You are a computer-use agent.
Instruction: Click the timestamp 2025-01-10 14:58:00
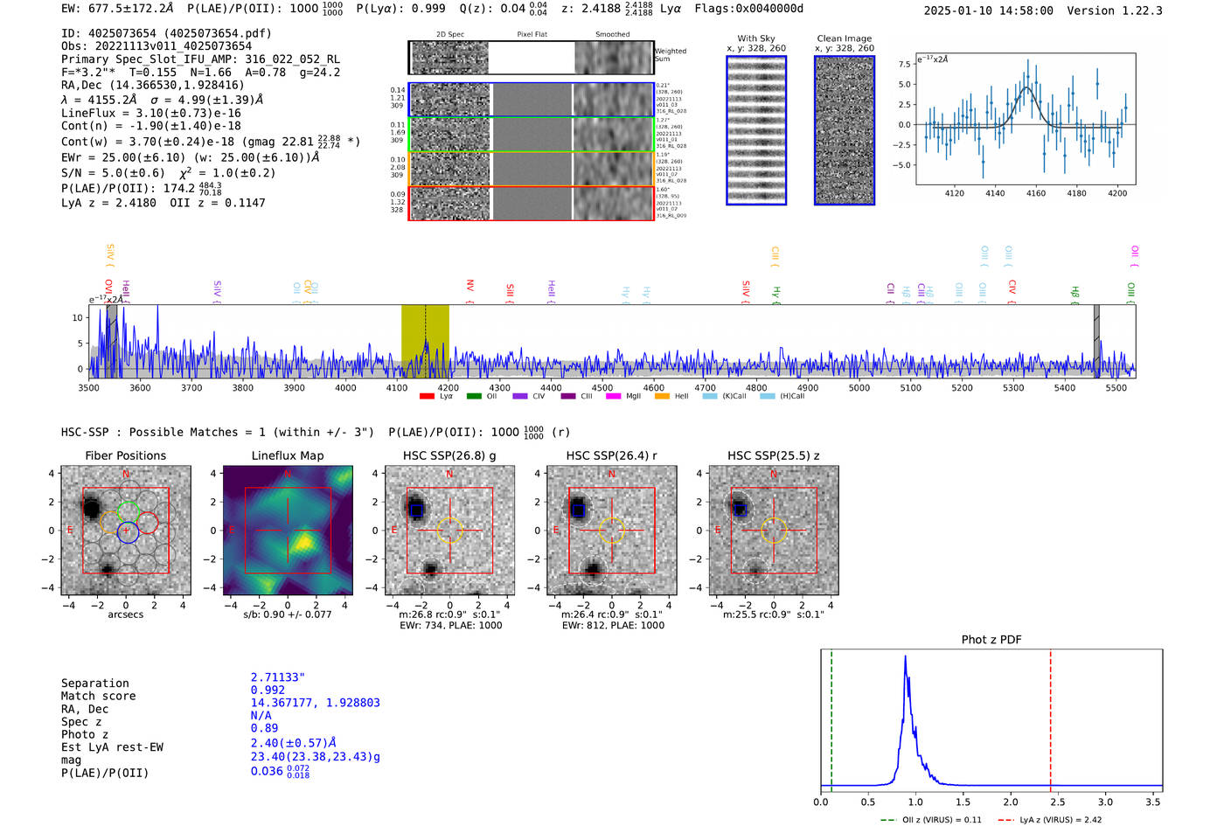pyautogui.click(x=988, y=11)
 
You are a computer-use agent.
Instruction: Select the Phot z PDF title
pyautogui.click(x=991, y=640)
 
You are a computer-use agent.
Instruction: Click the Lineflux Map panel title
pyautogui.click(x=288, y=455)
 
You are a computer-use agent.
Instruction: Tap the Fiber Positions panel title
pyautogui.click(x=125, y=455)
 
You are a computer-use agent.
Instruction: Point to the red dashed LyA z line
pyautogui.click(x=1050, y=717)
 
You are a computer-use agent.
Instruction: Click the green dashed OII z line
pyautogui.click(x=831, y=717)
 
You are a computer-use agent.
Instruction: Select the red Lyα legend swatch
pyautogui.click(x=427, y=397)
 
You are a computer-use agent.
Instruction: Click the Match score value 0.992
pyautogui.click(x=268, y=691)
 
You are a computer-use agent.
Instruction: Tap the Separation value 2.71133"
pyautogui.click(x=277, y=677)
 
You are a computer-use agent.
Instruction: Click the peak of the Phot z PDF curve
pyautogui.click(x=905, y=657)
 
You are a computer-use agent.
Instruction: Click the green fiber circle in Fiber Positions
pyautogui.click(x=129, y=511)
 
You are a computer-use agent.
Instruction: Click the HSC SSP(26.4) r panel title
pyautogui.click(x=611, y=455)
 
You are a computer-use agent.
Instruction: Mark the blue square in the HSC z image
pyautogui.click(x=741, y=510)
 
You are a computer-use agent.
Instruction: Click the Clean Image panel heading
pyautogui.click(x=844, y=38)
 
